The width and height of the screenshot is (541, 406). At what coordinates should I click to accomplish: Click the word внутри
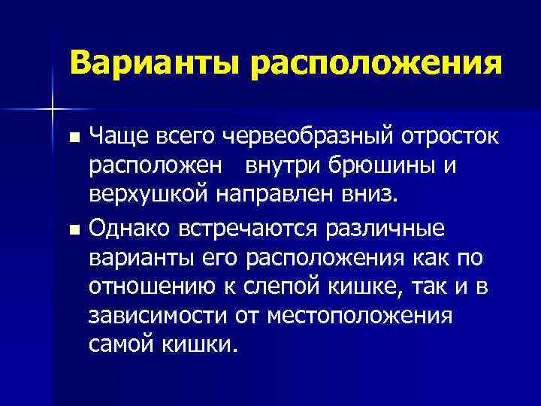pyautogui.click(x=274, y=166)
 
